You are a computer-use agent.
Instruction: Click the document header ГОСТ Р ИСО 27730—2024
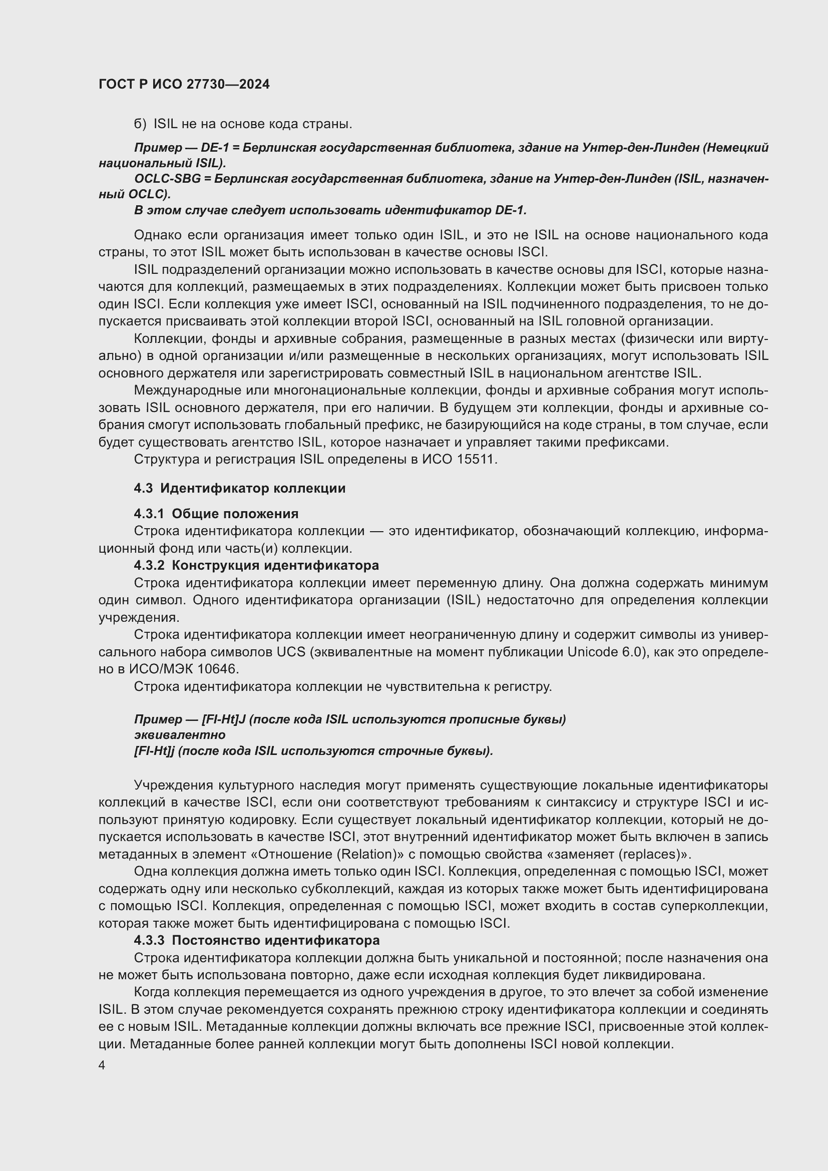coord(184,85)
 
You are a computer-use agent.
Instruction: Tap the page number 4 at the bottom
coord(102,1065)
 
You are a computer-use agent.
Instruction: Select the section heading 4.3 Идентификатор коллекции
coord(240,488)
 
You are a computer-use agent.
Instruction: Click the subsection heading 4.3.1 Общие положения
coord(216,514)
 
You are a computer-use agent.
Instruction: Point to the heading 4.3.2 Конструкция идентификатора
coord(256,565)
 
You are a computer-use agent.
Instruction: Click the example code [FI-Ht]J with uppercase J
coord(224,719)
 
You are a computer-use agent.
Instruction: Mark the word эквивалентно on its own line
coord(180,734)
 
